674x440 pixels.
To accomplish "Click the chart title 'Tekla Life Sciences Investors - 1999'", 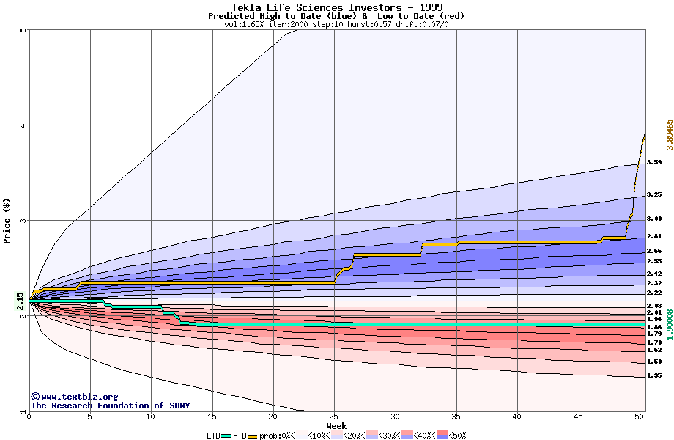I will tap(336, 7).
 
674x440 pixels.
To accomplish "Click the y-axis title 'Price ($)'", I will tap(7, 220).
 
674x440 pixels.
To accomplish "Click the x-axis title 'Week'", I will tap(336, 425).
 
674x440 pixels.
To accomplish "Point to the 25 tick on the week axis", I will tap(334, 417).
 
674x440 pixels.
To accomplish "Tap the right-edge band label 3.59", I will tap(654, 162).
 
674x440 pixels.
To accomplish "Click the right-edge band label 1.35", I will tap(654, 376).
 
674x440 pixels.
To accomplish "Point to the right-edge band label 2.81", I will tap(654, 236).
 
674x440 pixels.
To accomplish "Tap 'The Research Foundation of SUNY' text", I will tap(110, 406).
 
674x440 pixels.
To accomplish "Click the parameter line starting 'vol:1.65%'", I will tap(336, 24).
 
